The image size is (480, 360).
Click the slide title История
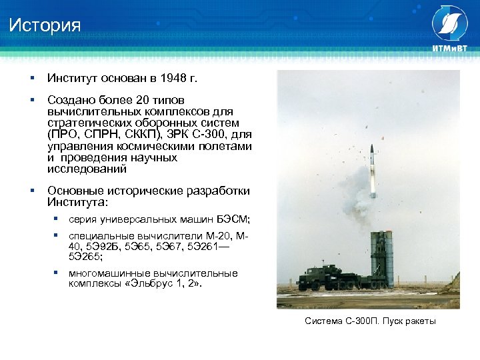point(45,26)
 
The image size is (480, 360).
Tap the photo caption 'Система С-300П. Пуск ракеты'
point(370,321)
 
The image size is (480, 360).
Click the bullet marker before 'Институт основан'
point(31,79)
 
